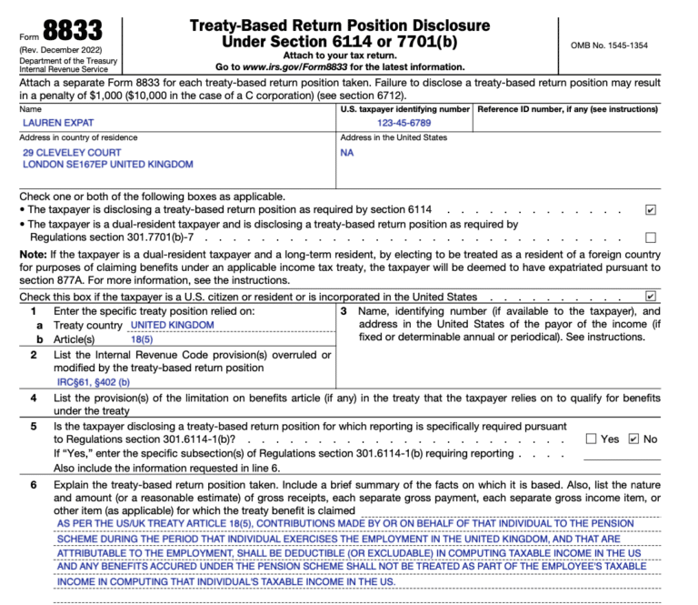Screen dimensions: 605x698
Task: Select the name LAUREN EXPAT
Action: pos(57,122)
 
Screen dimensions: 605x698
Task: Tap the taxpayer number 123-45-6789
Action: pos(404,122)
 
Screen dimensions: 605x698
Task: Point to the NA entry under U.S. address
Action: pos(347,152)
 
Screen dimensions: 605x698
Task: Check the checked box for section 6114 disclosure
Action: pos(650,209)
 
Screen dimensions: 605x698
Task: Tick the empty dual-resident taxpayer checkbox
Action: pos(650,237)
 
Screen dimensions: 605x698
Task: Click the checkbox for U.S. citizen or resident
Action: pos(650,296)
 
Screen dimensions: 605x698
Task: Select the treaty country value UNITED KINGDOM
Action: pos(173,325)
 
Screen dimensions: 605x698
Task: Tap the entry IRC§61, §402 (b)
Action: pos(94,382)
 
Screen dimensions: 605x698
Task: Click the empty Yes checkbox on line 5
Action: pos(591,439)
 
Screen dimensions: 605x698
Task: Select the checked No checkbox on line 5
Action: pos(633,439)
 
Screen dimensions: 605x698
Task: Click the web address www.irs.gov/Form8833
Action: pos(299,66)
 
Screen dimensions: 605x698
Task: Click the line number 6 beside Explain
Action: pos(33,485)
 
